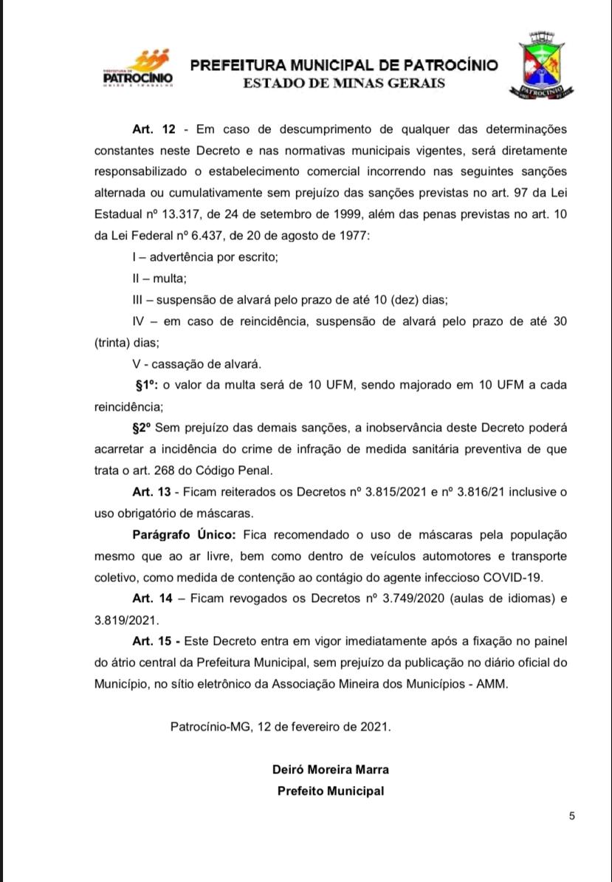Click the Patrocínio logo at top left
(x=137, y=68)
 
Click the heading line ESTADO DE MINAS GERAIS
(x=344, y=83)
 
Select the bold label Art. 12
(x=154, y=130)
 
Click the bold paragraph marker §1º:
(x=148, y=385)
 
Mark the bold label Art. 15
(x=154, y=641)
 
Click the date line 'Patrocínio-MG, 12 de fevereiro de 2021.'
(x=281, y=726)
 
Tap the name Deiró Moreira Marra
(x=331, y=769)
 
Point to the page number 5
(x=572, y=816)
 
